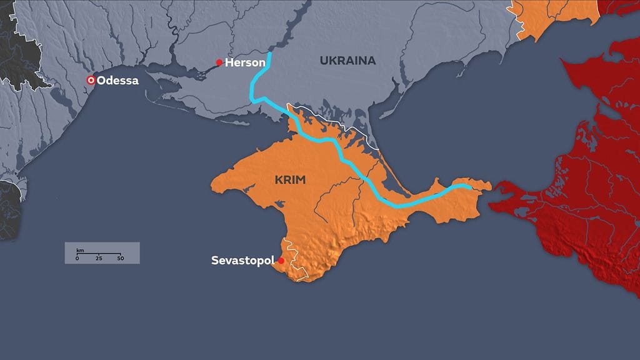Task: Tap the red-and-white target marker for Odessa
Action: (x=91, y=80)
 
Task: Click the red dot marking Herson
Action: (x=219, y=62)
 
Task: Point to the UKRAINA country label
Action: (x=347, y=61)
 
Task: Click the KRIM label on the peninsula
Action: (x=290, y=179)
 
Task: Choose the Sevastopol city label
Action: (x=242, y=260)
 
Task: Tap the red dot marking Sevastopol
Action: (x=281, y=261)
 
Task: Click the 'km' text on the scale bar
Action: (x=80, y=250)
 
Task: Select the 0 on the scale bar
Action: (x=77, y=258)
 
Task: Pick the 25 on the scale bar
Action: (x=99, y=258)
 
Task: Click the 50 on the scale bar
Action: (x=120, y=258)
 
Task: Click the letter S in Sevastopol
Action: (x=214, y=260)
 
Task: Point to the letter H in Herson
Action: (x=229, y=62)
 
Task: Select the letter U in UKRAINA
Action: (x=323, y=61)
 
